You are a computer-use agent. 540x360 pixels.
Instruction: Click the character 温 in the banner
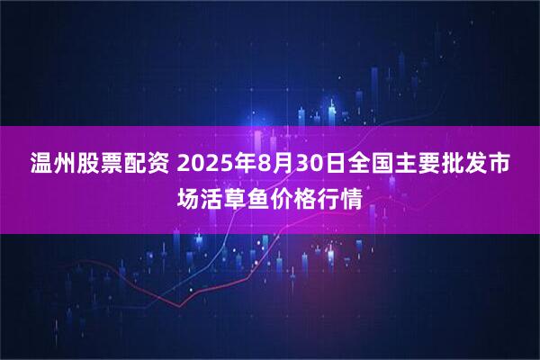42,166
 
